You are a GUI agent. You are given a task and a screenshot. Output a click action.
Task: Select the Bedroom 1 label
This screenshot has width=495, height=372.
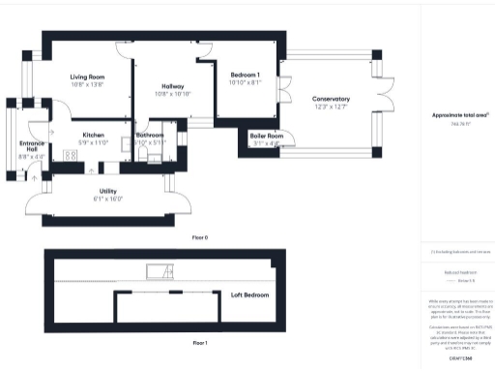(x=246, y=76)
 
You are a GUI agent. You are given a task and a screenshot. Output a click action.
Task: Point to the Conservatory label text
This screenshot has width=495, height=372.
(x=331, y=99)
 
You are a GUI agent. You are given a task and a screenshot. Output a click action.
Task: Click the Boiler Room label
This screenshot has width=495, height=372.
(x=266, y=136)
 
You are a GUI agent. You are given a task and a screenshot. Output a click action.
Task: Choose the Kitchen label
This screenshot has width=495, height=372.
(x=93, y=135)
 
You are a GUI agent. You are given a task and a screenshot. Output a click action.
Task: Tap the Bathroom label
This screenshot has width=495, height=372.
(x=150, y=135)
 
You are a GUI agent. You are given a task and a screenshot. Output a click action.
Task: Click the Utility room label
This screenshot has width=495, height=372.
(x=107, y=192)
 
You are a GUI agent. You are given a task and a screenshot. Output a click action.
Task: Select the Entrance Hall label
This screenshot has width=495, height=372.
(x=31, y=145)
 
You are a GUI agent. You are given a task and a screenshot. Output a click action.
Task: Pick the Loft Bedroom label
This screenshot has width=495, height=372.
(x=249, y=294)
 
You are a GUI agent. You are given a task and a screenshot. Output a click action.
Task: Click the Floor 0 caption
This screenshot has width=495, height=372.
(x=200, y=236)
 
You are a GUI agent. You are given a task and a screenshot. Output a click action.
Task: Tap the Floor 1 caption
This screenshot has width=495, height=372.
(x=200, y=342)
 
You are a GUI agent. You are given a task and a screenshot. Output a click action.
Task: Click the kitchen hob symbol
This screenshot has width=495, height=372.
(x=71, y=154)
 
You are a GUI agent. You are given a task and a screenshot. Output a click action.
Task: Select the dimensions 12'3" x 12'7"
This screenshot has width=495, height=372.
(x=331, y=107)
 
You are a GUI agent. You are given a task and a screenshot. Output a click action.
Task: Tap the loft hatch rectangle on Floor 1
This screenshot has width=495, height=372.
(x=155, y=270)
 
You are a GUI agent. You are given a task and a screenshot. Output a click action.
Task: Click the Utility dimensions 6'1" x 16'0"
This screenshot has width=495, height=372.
(x=107, y=199)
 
